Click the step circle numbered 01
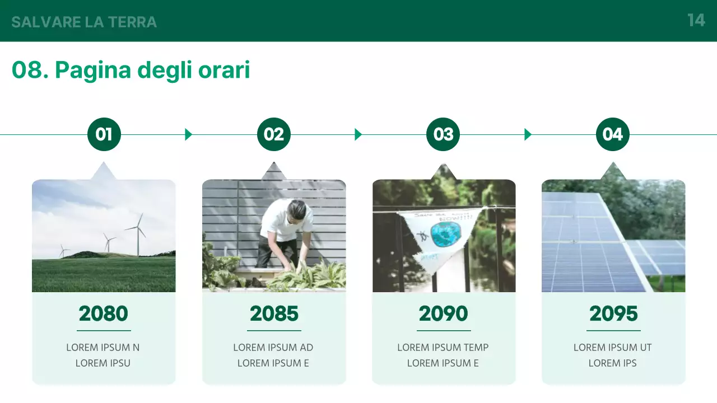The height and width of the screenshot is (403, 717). tap(104, 134)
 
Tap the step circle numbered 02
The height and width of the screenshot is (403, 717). tap(274, 134)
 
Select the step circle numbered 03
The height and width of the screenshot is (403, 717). tap(443, 134)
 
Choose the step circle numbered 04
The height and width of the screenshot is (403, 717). tap(613, 134)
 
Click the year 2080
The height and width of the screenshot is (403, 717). tap(104, 314)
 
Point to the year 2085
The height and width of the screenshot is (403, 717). tap(274, 314)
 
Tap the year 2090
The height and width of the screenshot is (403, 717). tap(444, 314)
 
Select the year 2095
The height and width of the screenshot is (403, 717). tap(613, 314)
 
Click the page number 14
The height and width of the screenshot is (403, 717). tap(696, 21)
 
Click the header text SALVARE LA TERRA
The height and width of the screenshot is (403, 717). tap(84, 22)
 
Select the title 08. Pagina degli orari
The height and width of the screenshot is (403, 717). tap(131, 71)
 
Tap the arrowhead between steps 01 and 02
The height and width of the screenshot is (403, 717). tap(188, 134)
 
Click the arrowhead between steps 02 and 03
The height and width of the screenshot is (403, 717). tap(358, 134)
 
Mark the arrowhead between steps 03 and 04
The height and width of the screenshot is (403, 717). tap(528, 134)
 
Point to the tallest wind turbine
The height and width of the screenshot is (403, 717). tap(138, 235)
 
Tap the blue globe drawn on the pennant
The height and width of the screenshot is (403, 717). tap(445, 235)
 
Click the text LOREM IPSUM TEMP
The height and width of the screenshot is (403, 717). tap(443, 348)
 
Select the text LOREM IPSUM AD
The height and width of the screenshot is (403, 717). tap(273, 348)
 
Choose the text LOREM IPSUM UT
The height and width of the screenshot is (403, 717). tap(613, 348)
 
